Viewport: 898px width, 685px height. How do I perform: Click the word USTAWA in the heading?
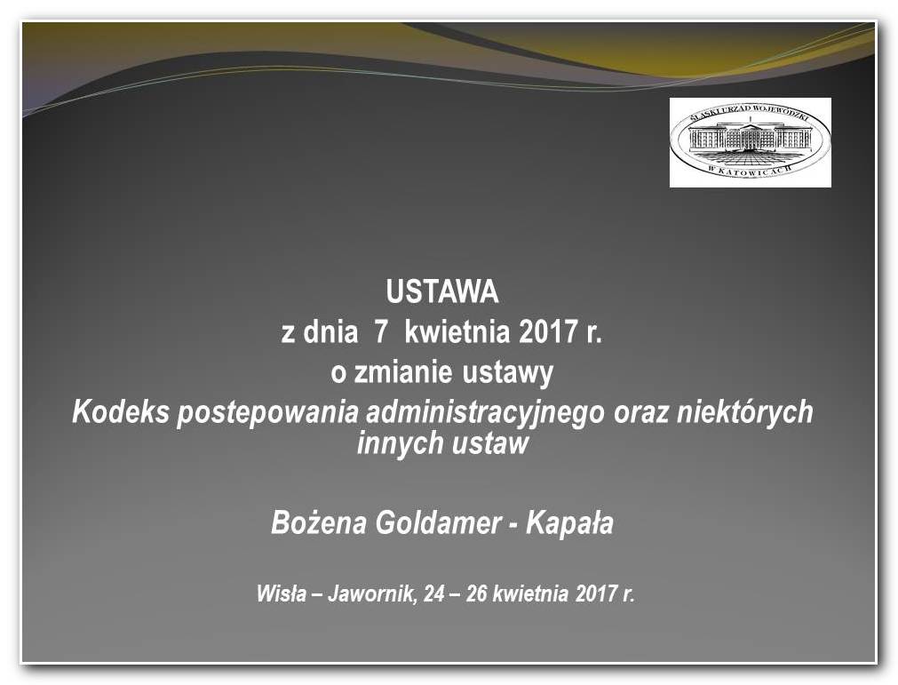[x=442, y=291]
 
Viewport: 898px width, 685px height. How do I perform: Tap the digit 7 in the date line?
[x=381, y=332]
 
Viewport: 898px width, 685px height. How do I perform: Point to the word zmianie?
[x=404, y=372]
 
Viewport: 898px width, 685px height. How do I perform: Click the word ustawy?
[x=508, y=374]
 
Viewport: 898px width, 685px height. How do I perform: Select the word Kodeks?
[x=121, y=411]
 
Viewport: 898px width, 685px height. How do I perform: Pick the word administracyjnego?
[x=485, y=413]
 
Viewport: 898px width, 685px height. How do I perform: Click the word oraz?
[x=640, y=413]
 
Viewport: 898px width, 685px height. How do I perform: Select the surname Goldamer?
[x=438, y=523]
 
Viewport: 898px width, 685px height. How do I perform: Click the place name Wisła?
[x=282, y=594]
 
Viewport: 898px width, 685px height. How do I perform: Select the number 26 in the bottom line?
[x=476, y=594]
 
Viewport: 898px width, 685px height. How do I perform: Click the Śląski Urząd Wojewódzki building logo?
[x=751, y=142]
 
